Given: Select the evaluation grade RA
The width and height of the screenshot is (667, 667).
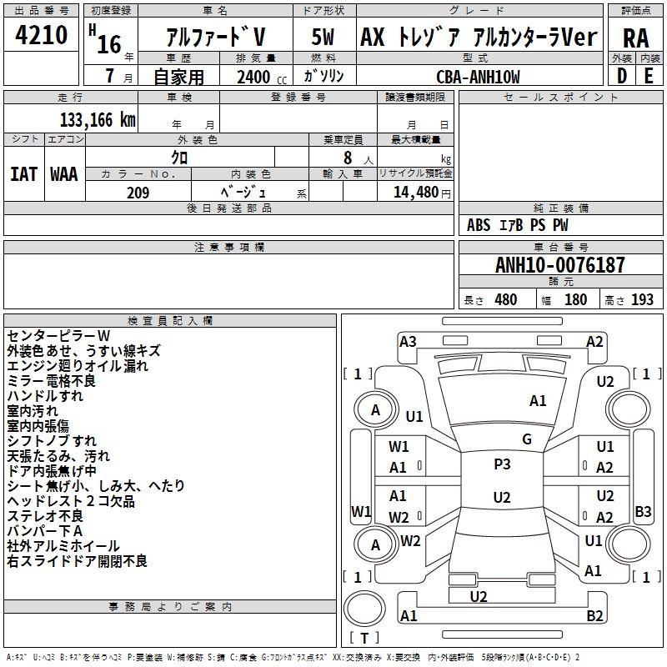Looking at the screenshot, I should (635, 38).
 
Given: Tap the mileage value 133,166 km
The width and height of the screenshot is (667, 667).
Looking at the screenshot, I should (98, 119).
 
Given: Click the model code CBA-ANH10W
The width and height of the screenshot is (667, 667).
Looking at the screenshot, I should (478, 77).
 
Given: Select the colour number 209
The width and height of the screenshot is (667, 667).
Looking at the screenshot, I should (138, 193).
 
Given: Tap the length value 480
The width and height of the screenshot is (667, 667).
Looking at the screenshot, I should (505, 300).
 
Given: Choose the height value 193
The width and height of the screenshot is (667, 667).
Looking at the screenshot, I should (642, 300).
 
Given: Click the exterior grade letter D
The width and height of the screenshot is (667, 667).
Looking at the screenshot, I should (622, 76).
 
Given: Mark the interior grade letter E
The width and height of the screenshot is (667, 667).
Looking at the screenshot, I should (649, 76).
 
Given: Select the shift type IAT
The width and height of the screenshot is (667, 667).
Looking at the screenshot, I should (23, 173).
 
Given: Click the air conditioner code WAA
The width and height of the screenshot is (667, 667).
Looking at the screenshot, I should (64, 173).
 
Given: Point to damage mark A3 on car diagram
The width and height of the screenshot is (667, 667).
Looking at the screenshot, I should (408, 341).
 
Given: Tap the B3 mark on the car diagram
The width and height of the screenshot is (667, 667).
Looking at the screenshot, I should (643, 511).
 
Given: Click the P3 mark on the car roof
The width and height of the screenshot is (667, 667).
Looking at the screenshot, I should (502, 464).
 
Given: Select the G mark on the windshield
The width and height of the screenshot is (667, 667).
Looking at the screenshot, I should (527, 439).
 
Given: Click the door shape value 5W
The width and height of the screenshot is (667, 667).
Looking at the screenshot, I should (323, 38).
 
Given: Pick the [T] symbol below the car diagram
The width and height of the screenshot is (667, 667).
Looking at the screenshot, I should (365, 639).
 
